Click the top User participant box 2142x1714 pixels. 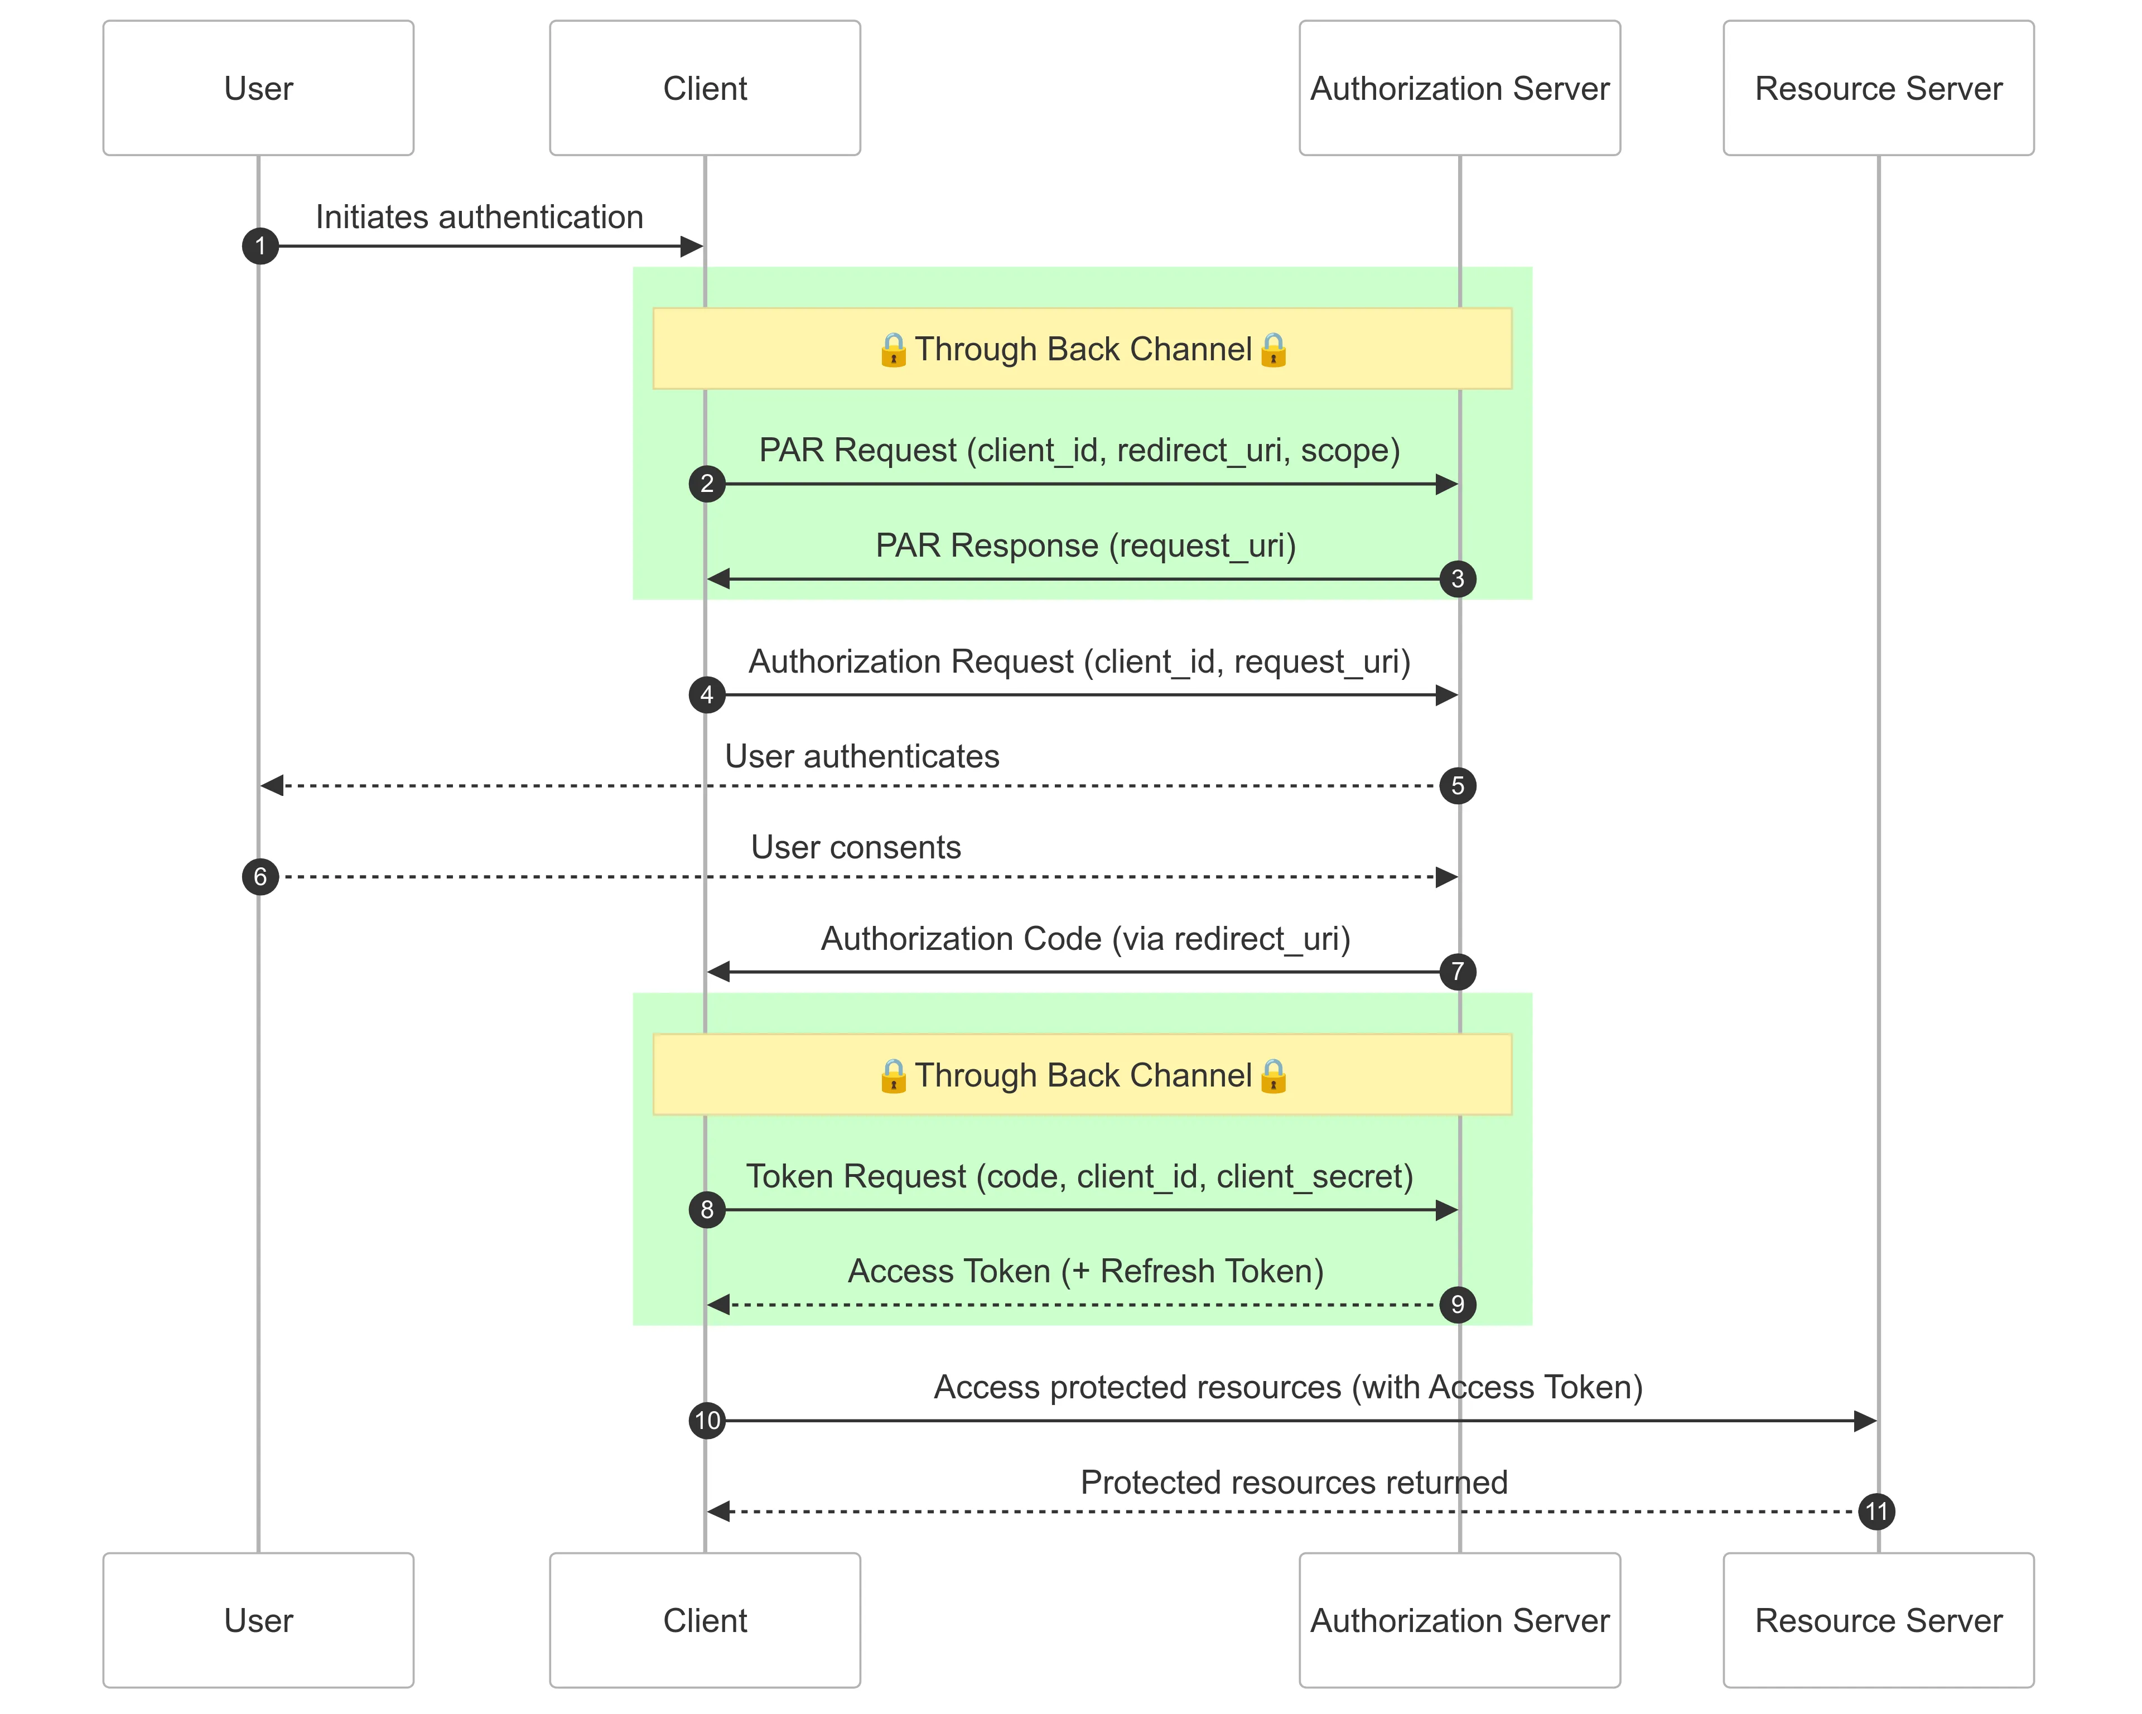[x=258, y=89]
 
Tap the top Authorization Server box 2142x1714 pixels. [x=1459, y=89]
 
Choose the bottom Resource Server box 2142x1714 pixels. [x=1878, y=1621]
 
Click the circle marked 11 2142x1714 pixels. [x=1876, y=1512]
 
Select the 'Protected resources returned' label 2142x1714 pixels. [x=1294, y=1483]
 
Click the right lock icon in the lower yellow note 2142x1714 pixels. [x=1273, y=1076]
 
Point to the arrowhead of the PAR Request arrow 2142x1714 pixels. [x=1446, y=485]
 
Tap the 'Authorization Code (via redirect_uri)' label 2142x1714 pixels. [x=1085, y=939]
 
